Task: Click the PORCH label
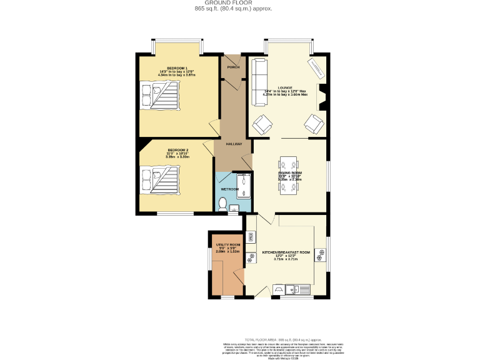[233, 67]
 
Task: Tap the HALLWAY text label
[234, 144]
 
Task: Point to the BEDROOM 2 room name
[177, 150]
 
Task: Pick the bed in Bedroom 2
[159, 179]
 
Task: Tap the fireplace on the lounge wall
[322, 97]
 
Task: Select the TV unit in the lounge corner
[316, 67]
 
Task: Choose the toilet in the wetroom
[224, 202]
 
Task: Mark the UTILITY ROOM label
[228, 244]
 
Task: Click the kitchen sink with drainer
[297, 289]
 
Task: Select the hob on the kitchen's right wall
[321, 254]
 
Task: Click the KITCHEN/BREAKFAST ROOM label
[286, 252]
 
